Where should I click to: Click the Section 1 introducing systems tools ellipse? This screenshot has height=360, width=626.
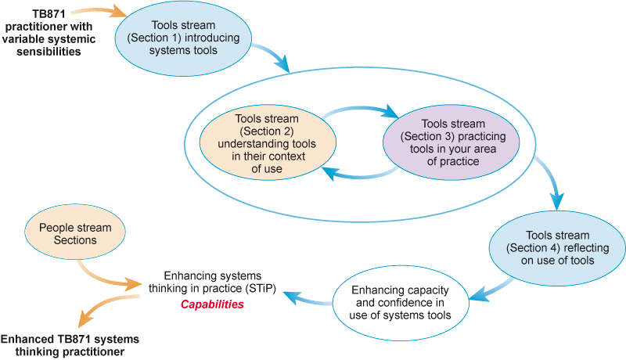(x=184, y=37)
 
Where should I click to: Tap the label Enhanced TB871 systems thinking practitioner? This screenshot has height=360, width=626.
(x=70, y=345)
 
